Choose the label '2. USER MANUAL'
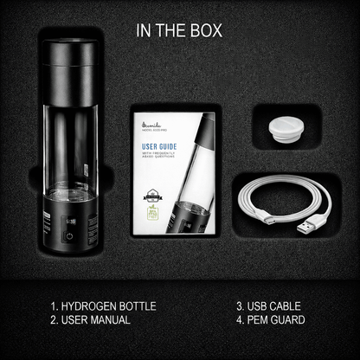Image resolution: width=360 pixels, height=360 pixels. [90, 320]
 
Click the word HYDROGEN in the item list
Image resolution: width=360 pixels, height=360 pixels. [94, 305]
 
